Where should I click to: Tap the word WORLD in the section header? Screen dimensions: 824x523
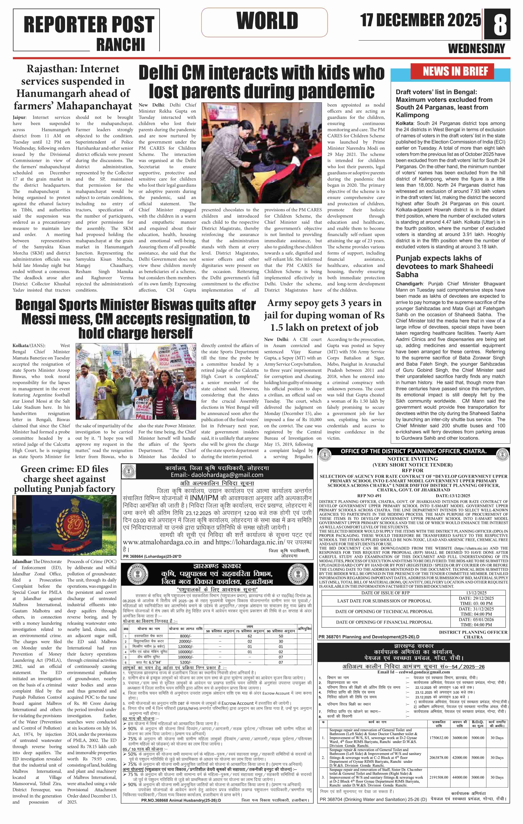pyautogui.click(x=267, y=21)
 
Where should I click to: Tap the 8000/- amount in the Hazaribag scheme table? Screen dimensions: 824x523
pyautogui.click(x=185, y=636)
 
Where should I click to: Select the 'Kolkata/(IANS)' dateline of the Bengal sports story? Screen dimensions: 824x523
pyautogui.click(x=29, y=346)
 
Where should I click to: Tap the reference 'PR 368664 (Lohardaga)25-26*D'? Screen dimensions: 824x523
pyautogui.click(x=152, y=556)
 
